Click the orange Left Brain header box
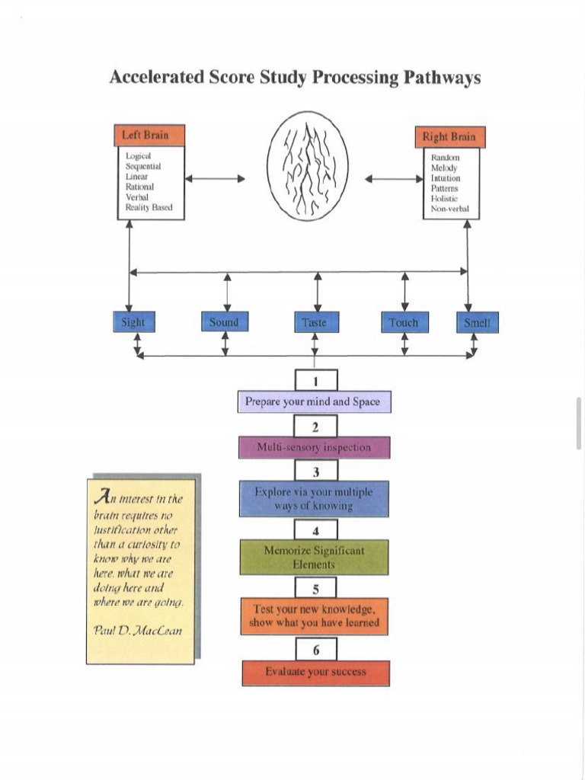coord(151,136)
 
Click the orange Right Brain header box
coord(449,137)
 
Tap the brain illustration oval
coord(308,167)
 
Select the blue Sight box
coord(133,322)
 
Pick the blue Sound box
coord(224,322)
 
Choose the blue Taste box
coord(314,323)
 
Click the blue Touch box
coord(404,323)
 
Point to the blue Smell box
coord(477,323)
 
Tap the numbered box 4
coord(315,530)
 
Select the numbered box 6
coord(315,650)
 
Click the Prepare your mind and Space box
coord(314,402)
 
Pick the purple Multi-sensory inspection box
coord(314,447)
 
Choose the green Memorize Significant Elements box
coord(314,558)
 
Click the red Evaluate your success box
coord(315,673)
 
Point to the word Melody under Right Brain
coord(445,168)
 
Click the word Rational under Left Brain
coord(140,186)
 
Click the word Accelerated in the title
coord(157,78)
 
